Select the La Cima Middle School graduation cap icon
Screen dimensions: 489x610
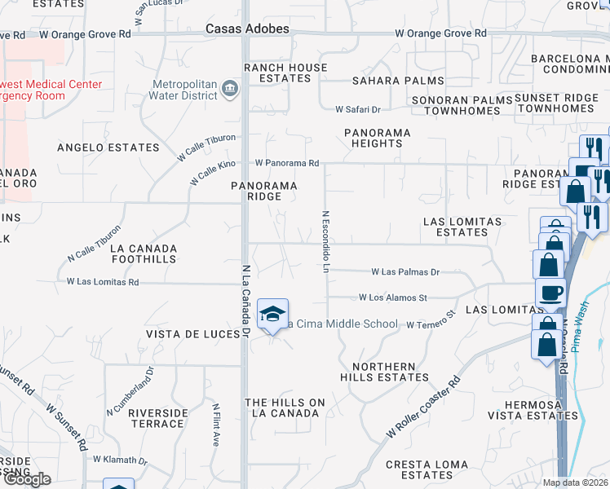(272, 314)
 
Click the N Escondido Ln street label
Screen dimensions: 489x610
(325, 242)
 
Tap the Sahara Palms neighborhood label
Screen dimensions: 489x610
(398, 81)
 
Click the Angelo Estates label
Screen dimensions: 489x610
(108, 148)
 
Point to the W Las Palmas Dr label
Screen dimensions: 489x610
(405, 272)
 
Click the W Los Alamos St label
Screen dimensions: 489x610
(393, 298)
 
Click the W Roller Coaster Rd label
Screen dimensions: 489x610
(425, 407)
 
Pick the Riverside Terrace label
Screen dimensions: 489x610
(157, 418)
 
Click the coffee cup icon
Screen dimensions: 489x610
(550, 293)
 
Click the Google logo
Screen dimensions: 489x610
(26, 478)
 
